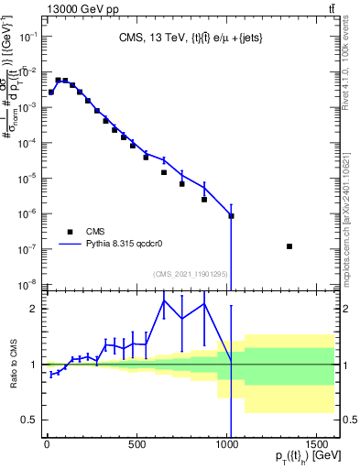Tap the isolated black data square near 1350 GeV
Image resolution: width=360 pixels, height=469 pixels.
pyautogui.click(x=289, y=246)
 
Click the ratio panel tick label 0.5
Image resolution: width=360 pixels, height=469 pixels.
pyautogui.click(x=30, y=420)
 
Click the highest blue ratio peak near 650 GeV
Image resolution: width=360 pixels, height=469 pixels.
pyautogui.click(x=164, y=300)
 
